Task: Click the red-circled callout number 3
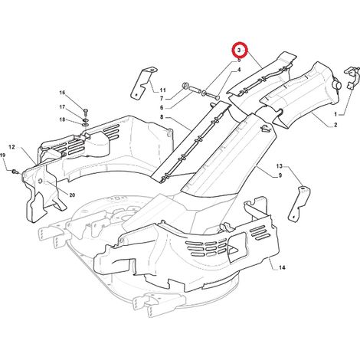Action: (239, 51)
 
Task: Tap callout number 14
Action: (282, 267)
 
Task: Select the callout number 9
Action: (280, 175)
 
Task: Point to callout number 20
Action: (72, 195)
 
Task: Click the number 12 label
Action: (11, 147)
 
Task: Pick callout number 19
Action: (2, 155)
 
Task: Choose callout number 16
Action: (62, 93)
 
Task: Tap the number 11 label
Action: (162, 90)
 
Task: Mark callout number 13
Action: (280, 166)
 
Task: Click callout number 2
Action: (335, 125)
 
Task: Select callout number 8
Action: (162, 117)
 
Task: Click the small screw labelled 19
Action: (15, 172)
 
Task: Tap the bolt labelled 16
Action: (86, 111)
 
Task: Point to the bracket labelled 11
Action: (143, 83)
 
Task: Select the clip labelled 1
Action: (352, 77)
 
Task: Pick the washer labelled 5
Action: (205, 93)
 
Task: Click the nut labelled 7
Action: (185, 86)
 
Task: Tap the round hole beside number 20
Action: (41, 182)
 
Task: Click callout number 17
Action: (62, 107)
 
